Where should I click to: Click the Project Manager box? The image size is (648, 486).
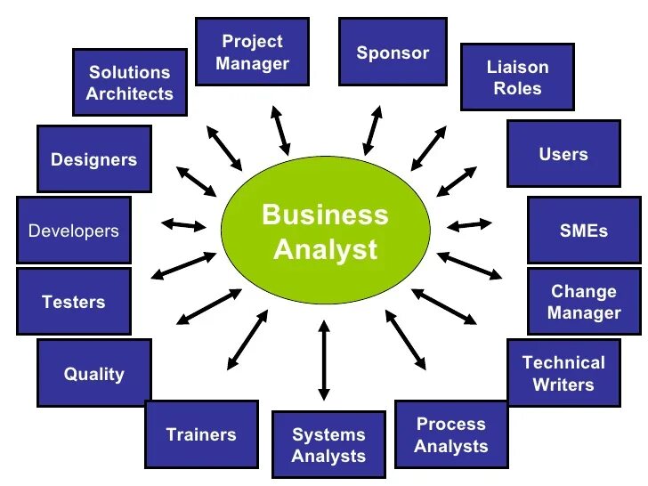[x=254, y=53]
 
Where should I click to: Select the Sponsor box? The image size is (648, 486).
[x=393, y=53]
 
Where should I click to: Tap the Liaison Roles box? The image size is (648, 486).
[x=517, y=77]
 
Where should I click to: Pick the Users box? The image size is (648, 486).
[x=563, y=154]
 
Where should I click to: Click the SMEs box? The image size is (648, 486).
[x=584, y=231]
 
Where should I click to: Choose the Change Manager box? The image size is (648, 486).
[x=584, y=302]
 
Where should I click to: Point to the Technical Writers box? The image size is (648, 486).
[x=563, y=373]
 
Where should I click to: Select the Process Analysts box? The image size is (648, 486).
[x=451, y=435]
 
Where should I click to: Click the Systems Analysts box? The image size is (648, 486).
[x=328, y=445]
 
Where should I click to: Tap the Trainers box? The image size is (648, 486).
[x=201, y=434]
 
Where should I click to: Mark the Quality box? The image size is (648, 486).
[x=93, y=374]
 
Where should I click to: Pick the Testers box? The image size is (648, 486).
[x=74, y=302]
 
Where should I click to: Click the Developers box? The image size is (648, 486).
[x=74, y=231]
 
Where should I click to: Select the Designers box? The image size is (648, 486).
[x=93, y=160]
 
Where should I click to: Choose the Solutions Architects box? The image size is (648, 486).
[x=130, y=83]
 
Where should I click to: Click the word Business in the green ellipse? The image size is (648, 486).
[x=325, y=215]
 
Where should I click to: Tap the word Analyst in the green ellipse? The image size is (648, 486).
[x=325, y=249]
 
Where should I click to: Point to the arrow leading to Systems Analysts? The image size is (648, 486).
[x=324, y=359]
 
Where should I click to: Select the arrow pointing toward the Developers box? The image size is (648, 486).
[x=184, y=225]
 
